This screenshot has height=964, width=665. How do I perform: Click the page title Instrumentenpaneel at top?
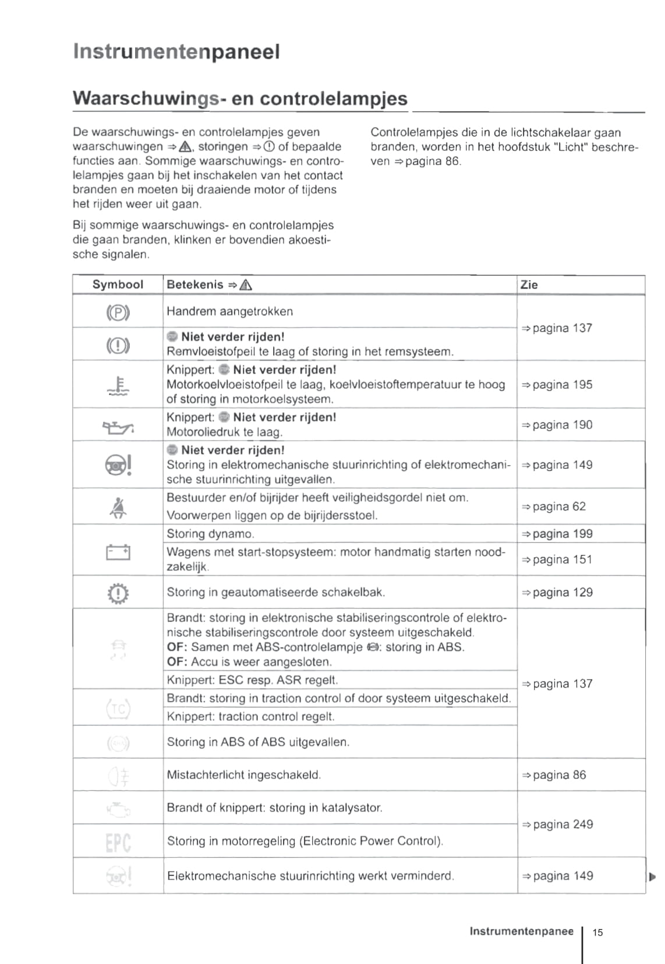coord(176,52)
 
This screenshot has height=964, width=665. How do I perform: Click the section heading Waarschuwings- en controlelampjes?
coord(240,98)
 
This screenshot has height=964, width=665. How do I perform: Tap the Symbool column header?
coord(118,284)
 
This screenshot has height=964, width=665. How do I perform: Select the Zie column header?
coord(529,284)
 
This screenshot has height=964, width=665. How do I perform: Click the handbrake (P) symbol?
coord(118,313)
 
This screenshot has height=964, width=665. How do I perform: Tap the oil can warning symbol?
coord(118,428)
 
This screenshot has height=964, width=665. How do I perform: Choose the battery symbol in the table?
coord(118,551)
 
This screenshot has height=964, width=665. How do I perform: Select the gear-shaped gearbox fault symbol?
coord(118,593)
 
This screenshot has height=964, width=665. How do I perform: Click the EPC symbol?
coord(118,842)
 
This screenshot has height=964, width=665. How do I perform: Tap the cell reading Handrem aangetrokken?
coord(229,311)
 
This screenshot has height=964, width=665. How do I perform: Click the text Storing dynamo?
coord(210,534)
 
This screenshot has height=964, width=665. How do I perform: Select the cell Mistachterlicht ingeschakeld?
coord(243,775)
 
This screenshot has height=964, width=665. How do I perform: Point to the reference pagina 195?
coord(557,385)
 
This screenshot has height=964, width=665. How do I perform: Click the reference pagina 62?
coord(554,506)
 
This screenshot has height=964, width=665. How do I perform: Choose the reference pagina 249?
coord(558,824)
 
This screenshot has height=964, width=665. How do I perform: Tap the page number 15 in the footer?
coord(597,933)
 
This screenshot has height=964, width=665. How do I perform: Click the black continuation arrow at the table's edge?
coord(652,877)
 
